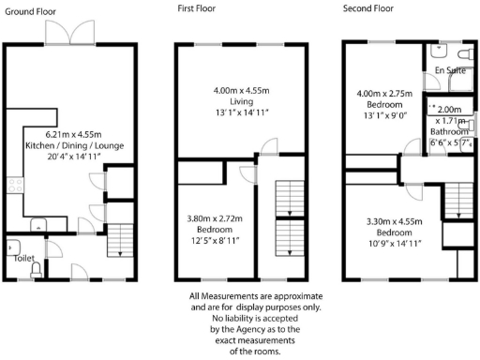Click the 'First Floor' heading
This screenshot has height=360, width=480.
tap(197, 7)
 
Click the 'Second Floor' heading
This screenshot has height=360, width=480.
tap(370, 7)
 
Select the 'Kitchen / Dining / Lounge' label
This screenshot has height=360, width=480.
tap(70, 145)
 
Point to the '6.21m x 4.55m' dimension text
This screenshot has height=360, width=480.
tap(70, 133)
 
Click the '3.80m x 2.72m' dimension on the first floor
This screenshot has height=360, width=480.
tap(215, 217)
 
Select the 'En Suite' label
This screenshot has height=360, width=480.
tap(449, 70)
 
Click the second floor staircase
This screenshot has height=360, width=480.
tap(457, 200)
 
